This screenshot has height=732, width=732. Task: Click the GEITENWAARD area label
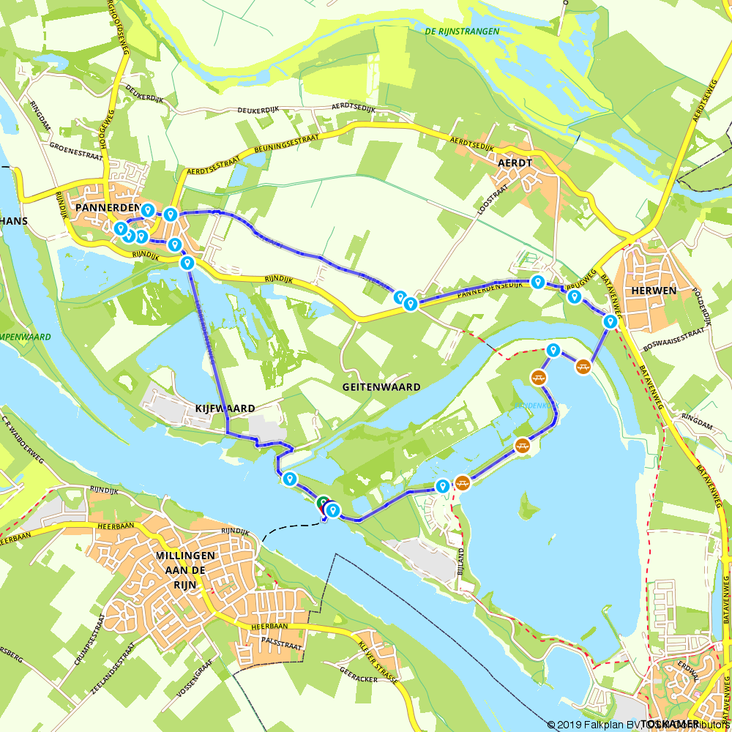click(x=381, y=386)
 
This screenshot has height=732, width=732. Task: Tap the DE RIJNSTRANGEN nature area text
click(x=462, y=31)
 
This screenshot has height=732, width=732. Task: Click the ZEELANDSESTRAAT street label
click(x=102, y=667)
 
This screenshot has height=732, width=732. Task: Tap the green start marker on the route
click(x=323, y=503)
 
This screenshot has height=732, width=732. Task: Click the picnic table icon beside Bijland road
click(x=462, y=482)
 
